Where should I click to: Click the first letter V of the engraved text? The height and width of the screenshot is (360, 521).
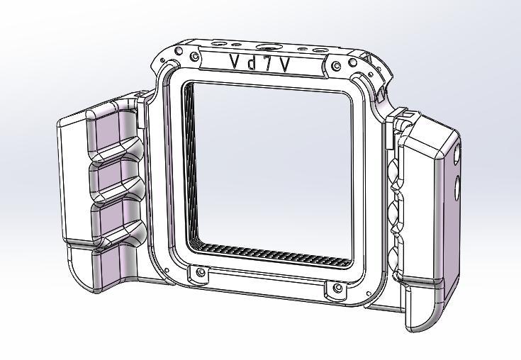234,62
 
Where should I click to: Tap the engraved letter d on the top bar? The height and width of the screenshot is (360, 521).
252,62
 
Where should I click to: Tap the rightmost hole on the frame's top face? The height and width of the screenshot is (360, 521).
320,50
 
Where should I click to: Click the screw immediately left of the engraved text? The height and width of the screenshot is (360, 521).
194,55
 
